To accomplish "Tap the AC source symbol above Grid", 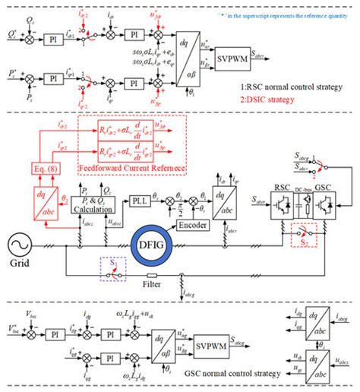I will point(20,245).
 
